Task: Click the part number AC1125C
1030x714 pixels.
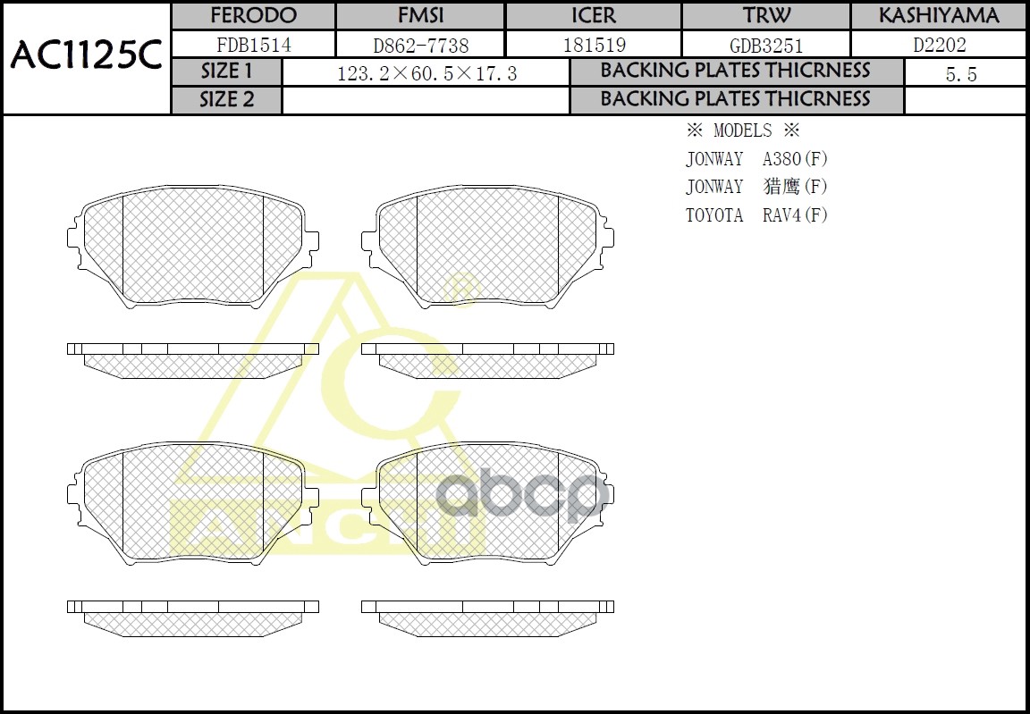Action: pos(86,57)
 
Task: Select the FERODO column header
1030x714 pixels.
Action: pos(253,16)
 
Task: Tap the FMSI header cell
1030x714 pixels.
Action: pos(420,16)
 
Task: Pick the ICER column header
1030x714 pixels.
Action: pos(593,16)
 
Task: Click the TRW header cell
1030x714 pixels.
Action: pos(766,16)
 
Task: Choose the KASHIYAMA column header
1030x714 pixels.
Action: pos(939,16)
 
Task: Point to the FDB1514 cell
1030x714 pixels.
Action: pos(253,45)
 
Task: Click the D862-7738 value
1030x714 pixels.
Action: pos(420,45)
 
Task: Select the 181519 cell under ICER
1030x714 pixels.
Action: pos(593,45)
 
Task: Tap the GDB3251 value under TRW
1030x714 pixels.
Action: pos(766,45)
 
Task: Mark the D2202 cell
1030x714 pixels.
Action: pos(939,45)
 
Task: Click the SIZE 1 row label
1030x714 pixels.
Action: pos(227,71)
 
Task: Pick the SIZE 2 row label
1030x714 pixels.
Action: pos(227,100)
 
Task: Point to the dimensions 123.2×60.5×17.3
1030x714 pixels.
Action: pos(426,74)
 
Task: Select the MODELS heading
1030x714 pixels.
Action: pos(742,131)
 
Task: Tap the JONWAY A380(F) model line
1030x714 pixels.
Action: pos(756,159)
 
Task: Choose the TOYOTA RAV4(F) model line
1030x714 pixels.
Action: pos(756,215)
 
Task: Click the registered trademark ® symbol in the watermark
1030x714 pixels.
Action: pos(461,289)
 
